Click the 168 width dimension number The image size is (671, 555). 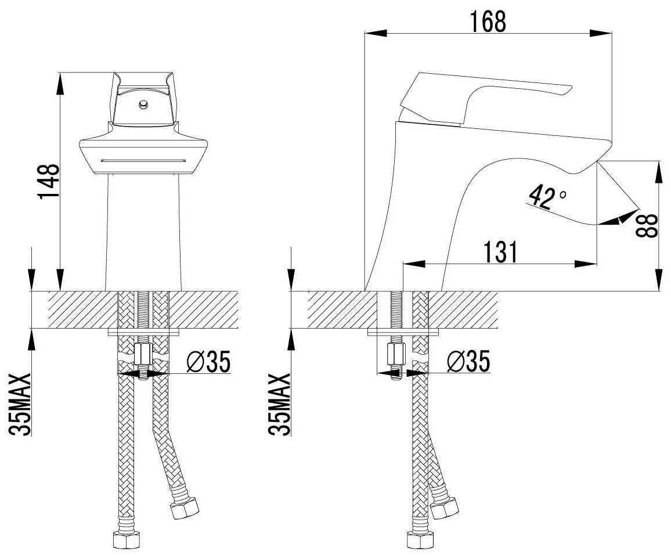pos(489,22)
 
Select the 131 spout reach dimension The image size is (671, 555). pos(499,252)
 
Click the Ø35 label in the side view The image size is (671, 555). pos(468,362)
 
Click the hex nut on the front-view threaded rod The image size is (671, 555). pos(142,353)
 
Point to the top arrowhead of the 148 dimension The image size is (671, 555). pos(60,81)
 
